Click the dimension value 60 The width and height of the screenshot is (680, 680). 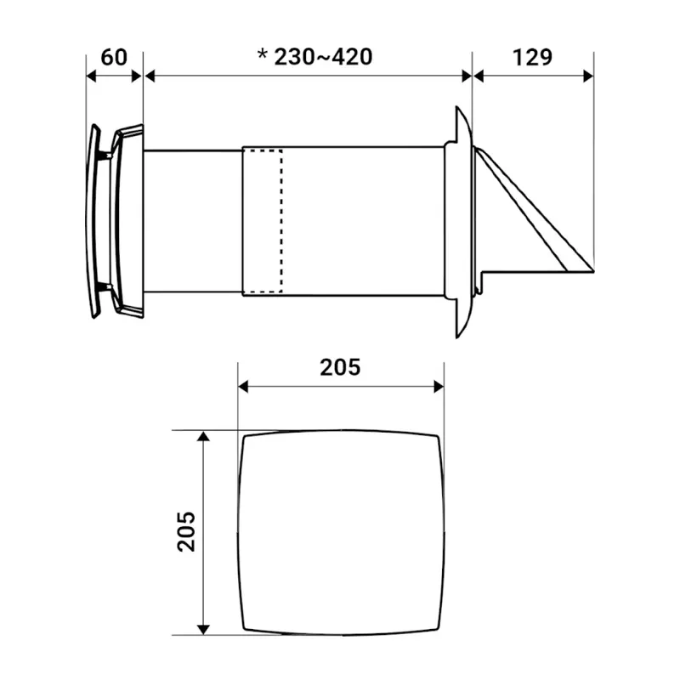(114, 57)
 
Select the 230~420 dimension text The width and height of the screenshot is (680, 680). (323, 57)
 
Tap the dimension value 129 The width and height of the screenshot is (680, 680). (532, 57)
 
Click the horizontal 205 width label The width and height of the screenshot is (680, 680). (340, 367)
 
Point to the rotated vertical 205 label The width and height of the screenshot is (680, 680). (186, 532)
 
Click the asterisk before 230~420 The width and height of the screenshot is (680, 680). (263, 55)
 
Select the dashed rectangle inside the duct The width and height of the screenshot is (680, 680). (263, 221)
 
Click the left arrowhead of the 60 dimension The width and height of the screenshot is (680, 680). (91, 76)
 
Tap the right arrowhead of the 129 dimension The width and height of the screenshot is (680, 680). (588, 76)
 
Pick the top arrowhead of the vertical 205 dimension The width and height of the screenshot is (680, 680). (203, 436)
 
